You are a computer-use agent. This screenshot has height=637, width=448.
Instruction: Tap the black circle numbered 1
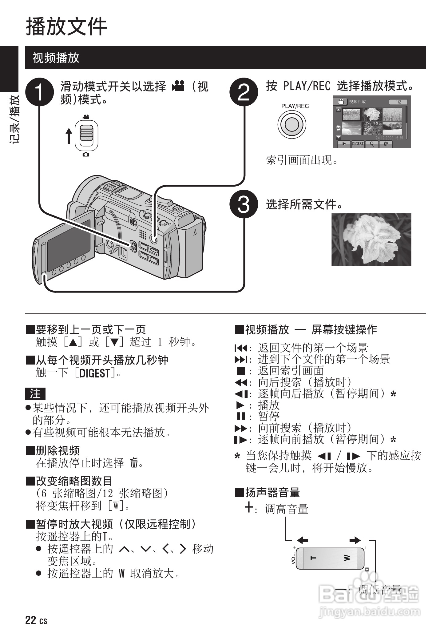coord(39,92)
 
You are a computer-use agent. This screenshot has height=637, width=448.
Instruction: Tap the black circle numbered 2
coord(244,92)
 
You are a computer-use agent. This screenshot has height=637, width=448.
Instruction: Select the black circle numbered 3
coord(244,204)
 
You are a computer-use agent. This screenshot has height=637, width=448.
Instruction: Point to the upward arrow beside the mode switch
coord(69,136)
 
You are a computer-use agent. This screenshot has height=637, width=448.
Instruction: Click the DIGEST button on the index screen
coord(357,144)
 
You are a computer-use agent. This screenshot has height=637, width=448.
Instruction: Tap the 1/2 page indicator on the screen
coord(398,102)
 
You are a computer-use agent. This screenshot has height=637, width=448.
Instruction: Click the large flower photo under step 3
coord(371,240)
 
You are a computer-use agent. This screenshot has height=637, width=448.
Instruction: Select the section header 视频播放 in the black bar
coord(56,58)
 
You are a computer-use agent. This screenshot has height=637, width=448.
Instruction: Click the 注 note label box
coord(35,393)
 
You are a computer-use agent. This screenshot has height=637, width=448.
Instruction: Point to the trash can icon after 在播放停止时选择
coord(133,462)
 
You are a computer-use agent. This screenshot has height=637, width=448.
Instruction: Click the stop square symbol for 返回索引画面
coord(241,371)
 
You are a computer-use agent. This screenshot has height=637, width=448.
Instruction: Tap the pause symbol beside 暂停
coord(241,416)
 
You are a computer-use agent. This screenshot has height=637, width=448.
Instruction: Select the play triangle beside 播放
coord(240,405)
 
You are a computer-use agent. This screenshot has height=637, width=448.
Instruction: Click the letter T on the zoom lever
coord(313,558)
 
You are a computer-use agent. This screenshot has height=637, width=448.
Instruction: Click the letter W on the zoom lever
coord(347,558)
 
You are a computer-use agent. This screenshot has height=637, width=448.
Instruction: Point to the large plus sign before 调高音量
coord(249,507)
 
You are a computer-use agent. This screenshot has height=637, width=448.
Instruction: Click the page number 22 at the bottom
coord(31,620)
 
